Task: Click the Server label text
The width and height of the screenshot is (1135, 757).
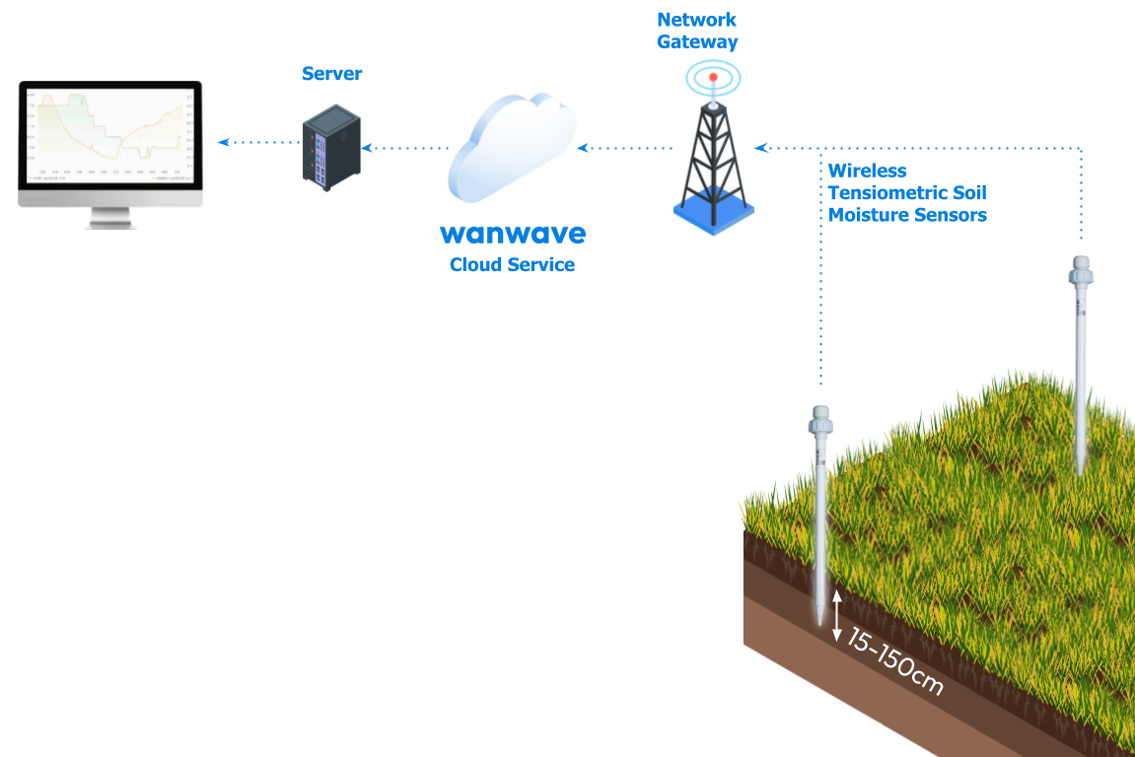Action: [332, 74]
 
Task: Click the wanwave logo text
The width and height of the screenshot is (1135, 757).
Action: [513, 234]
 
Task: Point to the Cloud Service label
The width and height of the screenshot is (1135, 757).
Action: [512, 265]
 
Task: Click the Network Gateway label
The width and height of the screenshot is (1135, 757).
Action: [697, 31]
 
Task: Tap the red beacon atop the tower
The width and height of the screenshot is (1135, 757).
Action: [712, 78]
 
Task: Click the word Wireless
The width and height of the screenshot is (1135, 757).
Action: [868, 172]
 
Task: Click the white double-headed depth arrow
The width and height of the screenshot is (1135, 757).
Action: [837, 616]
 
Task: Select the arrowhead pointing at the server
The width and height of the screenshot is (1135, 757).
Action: [368, 148]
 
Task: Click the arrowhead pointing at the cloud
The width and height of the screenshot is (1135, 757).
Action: [583, 148]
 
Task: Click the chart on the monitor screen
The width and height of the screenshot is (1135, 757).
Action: [108, 134]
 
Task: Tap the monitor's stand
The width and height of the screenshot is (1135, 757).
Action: [109, 218]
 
